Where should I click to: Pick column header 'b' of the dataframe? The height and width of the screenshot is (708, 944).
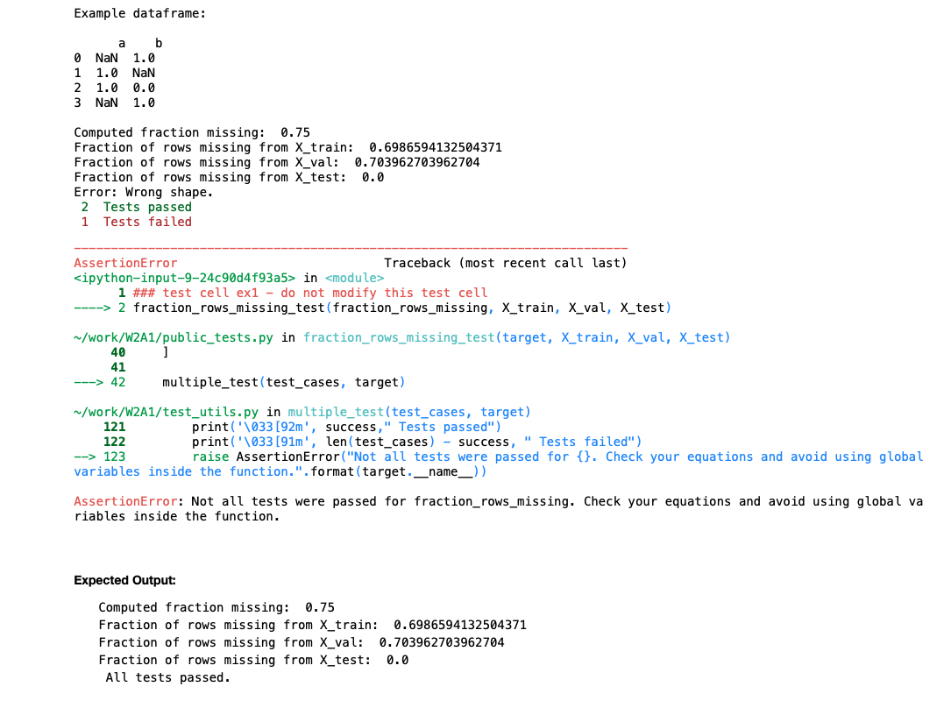pyautogui.click(x=159, y=43)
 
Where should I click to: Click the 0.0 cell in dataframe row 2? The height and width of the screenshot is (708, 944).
pyautogui.click(x=144, y=88)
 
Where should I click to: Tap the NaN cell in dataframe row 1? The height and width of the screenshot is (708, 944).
pyautogui.click(x=144, y=73)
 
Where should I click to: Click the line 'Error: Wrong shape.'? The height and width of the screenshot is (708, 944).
pyautogui.click(x=144, y=192)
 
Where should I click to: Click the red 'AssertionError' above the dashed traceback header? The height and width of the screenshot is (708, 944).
pyautogui.click(x=125, y=263)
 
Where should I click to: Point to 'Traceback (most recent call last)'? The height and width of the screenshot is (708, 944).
pyautogui.click(x=505, y=263)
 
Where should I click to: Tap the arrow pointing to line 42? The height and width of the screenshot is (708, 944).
pyautogui.click(x=89, y=382)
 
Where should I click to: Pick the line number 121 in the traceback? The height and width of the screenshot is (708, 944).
pyautogui.click(x=114, y=427)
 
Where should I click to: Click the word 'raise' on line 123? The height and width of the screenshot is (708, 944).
pyautogui.click(x=210, y=457)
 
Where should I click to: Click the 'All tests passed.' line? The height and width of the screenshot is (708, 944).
pyautogui.click(x=167, y=677)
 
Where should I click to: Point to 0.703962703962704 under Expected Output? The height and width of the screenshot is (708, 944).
pyautogui.click(x=441, y=642)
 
